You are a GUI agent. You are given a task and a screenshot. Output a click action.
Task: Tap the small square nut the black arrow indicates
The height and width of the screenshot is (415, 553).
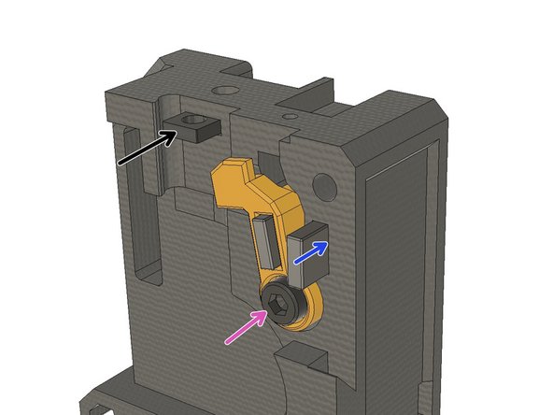pyautogui.click(x=196, y=126)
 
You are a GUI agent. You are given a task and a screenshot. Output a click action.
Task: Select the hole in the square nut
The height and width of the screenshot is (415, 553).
pyautogui.click(x=194, y=121)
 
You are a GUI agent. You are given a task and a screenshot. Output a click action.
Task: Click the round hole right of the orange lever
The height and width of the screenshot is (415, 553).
pyautogui.click(x=328, y=189)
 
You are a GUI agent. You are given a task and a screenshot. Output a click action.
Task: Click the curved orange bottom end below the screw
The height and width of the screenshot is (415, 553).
pyautogui.click(x=304, y=322)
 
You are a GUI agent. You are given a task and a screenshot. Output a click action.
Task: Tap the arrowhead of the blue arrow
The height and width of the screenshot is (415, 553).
pyautogui.click(x=323, y=245)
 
